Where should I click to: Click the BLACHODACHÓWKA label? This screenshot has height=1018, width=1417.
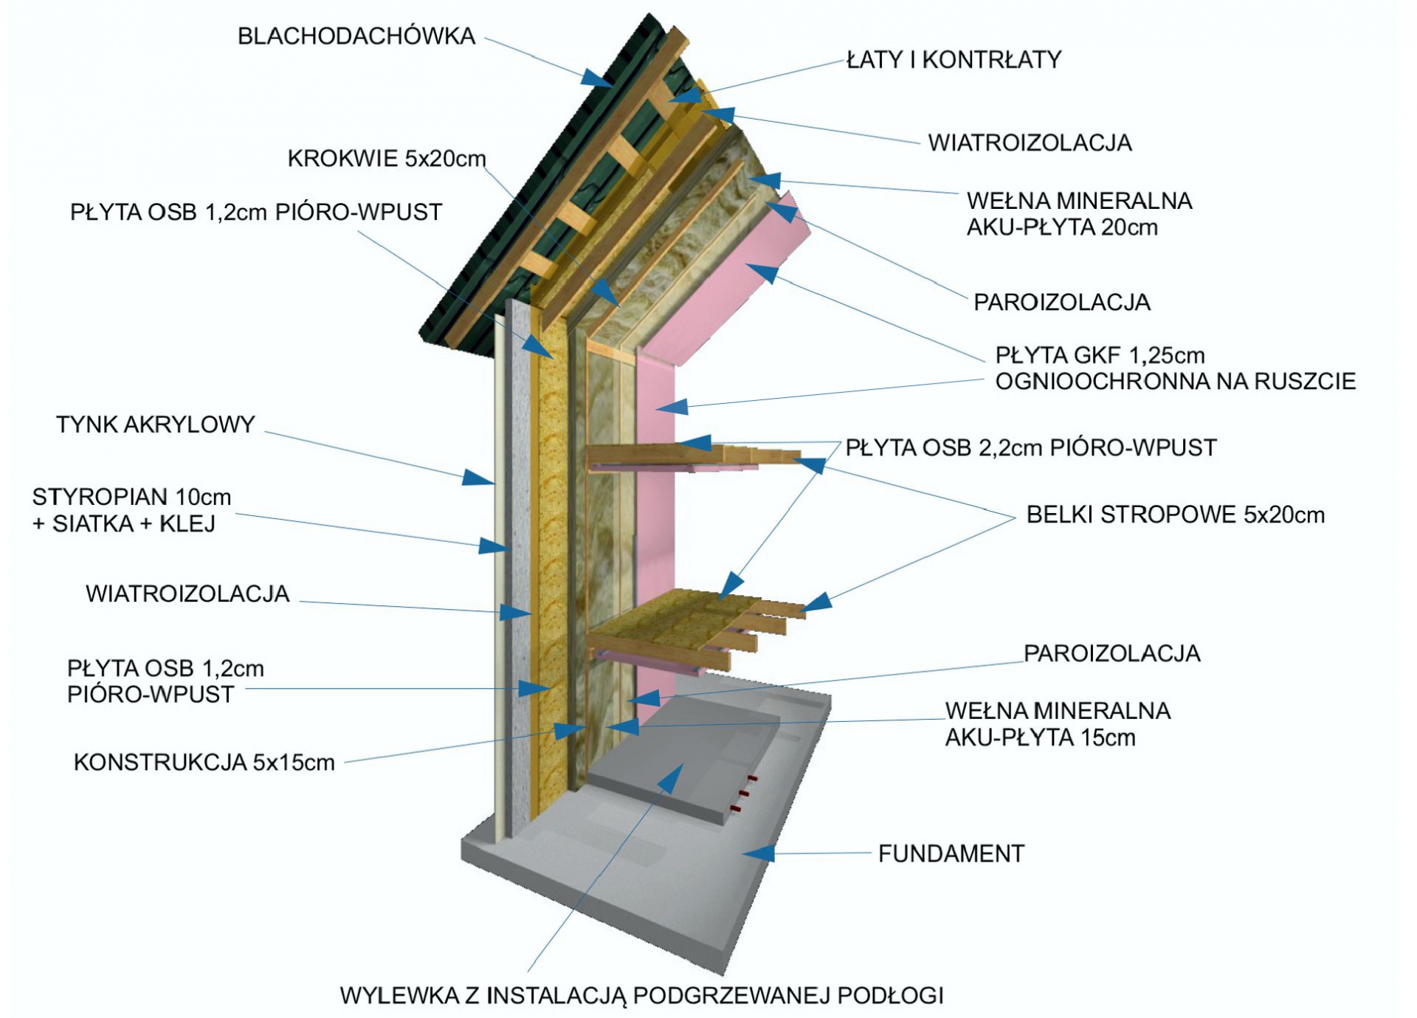356,36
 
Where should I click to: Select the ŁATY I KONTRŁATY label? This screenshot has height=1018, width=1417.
954,60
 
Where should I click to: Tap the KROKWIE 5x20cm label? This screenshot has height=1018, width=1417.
387,159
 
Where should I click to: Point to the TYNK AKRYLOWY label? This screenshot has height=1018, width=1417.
155,424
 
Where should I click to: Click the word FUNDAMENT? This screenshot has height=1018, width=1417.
951,854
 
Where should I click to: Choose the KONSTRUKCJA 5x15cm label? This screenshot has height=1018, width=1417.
204,763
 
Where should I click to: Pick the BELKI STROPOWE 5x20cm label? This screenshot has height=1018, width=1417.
1175,515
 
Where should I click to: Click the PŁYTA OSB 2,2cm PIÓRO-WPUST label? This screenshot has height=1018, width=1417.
1030,447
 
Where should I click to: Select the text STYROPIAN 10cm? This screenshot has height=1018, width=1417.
131,497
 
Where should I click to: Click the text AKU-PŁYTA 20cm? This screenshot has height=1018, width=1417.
1061,227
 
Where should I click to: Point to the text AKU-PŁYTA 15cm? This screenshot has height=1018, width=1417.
1040,737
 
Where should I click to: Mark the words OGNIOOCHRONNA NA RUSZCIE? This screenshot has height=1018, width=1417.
1175,382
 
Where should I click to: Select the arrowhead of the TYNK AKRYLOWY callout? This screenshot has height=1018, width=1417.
478,478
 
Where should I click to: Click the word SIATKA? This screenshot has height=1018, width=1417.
92,524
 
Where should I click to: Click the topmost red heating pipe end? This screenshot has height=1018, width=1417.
752,778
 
